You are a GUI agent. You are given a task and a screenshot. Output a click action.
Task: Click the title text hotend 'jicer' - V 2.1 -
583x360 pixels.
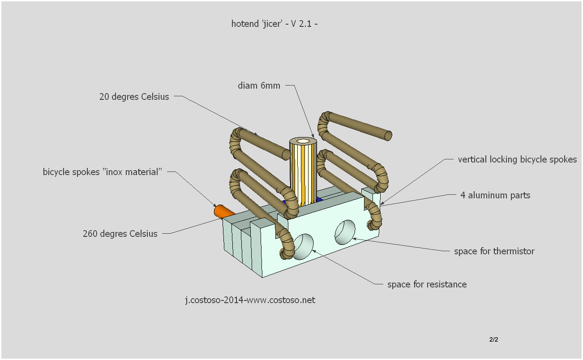(274, 24)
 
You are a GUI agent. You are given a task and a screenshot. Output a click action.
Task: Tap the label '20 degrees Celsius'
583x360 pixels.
(134, 97)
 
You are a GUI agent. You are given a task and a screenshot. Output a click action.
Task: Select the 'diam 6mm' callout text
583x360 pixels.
(259, 86)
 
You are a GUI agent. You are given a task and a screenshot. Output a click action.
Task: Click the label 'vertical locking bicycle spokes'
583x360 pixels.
(517, 159)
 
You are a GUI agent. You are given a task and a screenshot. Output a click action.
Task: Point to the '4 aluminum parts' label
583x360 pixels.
(495, 195)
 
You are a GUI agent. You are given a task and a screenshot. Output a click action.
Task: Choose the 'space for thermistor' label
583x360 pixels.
(494, 251)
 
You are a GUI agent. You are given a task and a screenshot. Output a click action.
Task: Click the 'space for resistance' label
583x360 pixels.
(427, 284)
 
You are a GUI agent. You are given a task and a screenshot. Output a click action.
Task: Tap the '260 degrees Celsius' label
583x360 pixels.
(120, 234)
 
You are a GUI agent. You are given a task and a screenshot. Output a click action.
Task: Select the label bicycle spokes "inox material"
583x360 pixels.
(102, 172)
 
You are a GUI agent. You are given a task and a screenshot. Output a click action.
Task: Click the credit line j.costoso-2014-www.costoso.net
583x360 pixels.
(250, 300)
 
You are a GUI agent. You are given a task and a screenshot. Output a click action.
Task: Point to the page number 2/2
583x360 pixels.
(493, 339)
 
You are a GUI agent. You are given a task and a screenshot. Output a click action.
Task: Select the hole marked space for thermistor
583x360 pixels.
(345, 232)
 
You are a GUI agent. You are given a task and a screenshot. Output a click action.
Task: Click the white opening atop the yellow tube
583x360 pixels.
(304, 141)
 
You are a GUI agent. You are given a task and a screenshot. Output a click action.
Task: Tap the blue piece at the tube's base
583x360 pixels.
(319, 199)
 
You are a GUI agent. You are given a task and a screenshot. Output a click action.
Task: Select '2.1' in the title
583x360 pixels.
(305, 24)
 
